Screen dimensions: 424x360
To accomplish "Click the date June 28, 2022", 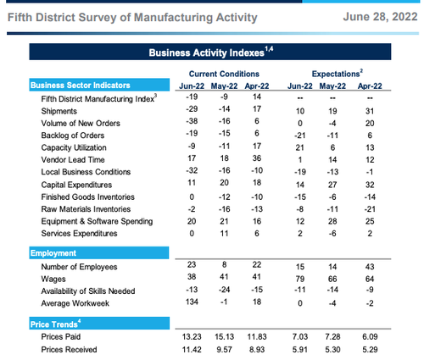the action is [x=380, y=17].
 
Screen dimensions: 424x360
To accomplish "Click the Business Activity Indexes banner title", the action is [x=211, y=53].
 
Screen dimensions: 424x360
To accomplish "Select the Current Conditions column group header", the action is [x=224, y=74].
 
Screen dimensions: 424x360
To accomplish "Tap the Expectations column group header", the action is [x=338, y=74].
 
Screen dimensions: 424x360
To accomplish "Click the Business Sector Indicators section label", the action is [x=81, y=86].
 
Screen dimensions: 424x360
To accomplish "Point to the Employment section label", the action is [x=53, y=253].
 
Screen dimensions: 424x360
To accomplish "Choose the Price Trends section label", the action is [x=55, y=324].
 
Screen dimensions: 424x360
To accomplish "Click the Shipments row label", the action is [x=59, y=111].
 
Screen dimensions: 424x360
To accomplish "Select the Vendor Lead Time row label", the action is [x=73, y=160].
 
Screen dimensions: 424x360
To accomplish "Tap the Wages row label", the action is [x=53, y=279].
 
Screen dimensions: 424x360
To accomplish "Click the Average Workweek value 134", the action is [x=192, y=302].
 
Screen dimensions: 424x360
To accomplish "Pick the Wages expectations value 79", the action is [x=300, y=279].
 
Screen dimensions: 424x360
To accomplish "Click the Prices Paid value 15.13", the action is [x=224, y=336].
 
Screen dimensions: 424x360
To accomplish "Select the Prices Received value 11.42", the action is [x=192, y=350].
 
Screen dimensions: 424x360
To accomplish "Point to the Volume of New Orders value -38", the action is [x=192, y=121].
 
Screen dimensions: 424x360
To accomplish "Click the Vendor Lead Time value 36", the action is [x=257, y=158].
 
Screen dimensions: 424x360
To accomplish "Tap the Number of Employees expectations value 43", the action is [x=370, y=267].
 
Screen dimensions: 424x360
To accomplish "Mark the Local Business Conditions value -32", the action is [x=192, y=170].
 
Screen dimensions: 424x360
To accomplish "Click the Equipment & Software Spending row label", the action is [x=97, y=221].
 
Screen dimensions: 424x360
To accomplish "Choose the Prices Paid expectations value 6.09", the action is [x=370, y=336].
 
